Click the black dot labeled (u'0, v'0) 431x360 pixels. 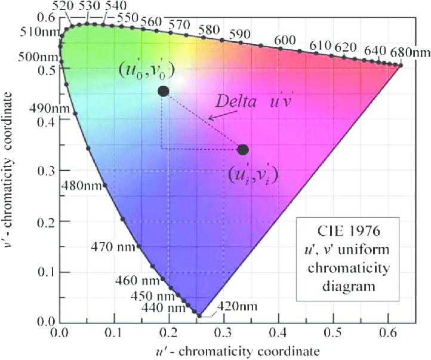click(x=163, y=91)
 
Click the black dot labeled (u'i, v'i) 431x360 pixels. click(x=243, y=149)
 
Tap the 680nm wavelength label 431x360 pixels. click(x=409, y=51)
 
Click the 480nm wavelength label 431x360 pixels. click(x=82, y=185)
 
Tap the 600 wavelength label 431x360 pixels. click(x=285, y=39)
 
